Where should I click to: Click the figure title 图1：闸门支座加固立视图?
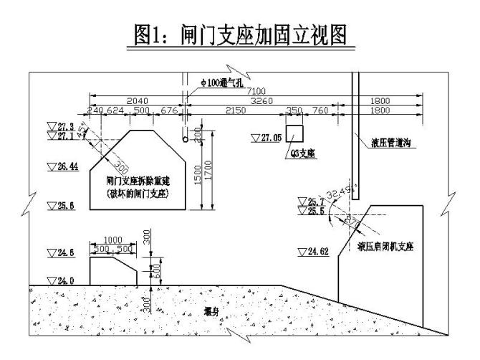point(240,33)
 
